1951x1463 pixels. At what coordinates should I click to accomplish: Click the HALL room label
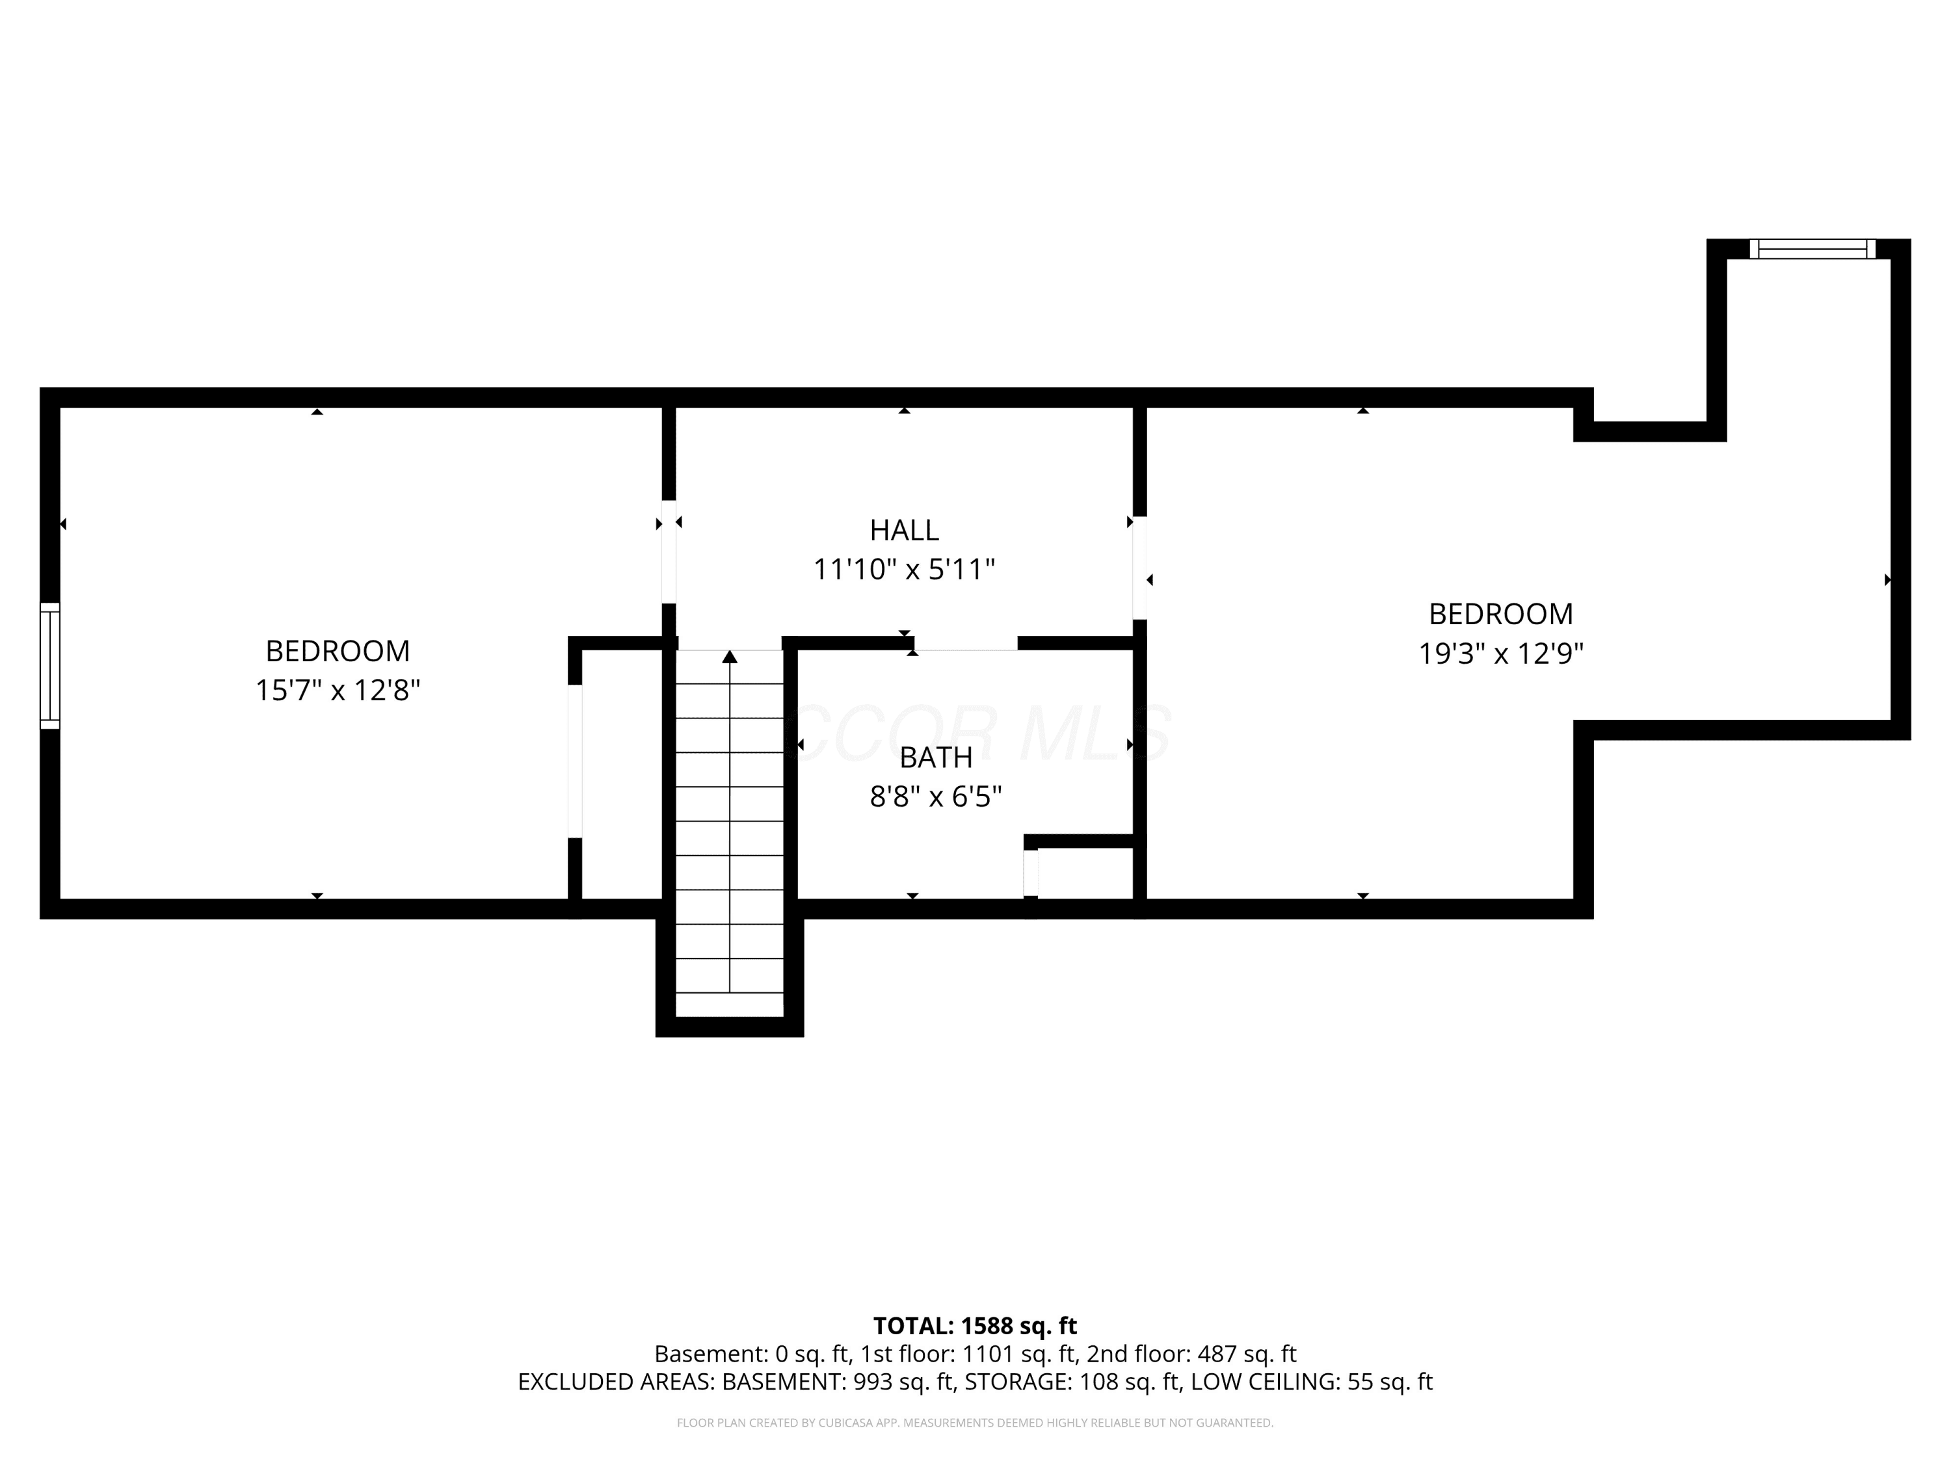tap(904, 530)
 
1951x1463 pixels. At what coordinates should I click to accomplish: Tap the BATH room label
tap(936, 758)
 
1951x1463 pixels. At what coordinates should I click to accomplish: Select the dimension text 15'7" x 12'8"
tap(338, 690)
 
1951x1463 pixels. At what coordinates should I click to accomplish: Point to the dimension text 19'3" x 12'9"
tap(1501, 653)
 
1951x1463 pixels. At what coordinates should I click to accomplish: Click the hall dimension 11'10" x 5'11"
tap(904, 569)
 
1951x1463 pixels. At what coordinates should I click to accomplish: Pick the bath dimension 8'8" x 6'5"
tap(936, 797)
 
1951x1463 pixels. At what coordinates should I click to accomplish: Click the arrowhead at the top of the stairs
tap(730, 656)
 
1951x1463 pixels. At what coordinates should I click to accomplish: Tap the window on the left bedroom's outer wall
tap(50, 666)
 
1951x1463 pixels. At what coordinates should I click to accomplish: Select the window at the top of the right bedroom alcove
tap(1812, 248)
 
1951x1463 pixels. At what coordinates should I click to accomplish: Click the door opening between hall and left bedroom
tap(669, 552)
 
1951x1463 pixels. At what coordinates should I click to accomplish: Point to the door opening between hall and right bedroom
tap(1139, 568)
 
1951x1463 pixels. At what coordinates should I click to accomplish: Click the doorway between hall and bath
tap(966, 643)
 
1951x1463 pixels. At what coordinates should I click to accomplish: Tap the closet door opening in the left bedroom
tap(575, 761)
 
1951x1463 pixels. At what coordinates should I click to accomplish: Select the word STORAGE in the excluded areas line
tap(1018, 1382)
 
